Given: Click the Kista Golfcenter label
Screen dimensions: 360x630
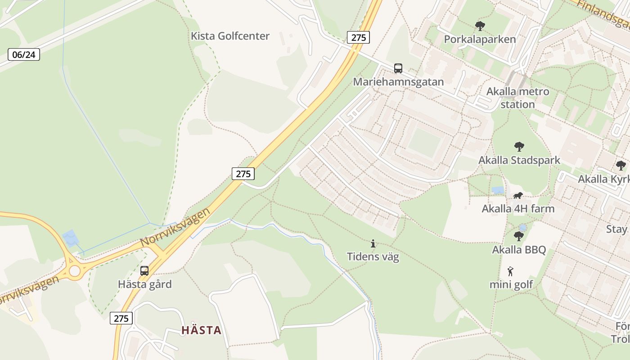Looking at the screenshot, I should pyautogui.click(x=230, y=36).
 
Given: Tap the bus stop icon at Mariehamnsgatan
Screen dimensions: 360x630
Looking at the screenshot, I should pyautogui.click(x=398, y=68).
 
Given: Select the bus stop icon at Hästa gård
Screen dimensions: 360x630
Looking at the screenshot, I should pyautogui.click(x=144, y=271).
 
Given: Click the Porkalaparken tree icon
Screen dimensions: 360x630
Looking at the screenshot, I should pyautogui.click(x=480, y=26).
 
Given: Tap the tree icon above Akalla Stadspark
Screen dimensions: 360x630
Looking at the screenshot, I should pyautogui.click(x=519, y=147).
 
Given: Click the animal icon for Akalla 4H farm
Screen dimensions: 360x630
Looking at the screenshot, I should pyautogui.click(x=518, y=196).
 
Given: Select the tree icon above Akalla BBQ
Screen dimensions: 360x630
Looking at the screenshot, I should pyautogui.click(x=519, y=236).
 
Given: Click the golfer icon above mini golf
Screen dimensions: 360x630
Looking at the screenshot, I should pyautogui.click(x=510, y=271).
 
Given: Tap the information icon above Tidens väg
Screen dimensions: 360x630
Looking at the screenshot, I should pyautogui.click(x=373, y=244).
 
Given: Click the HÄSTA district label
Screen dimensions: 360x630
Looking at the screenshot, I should pyautogui.click(x=202, y=330).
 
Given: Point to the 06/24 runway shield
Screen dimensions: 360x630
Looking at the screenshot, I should pyautogui.click(x=24, y=55).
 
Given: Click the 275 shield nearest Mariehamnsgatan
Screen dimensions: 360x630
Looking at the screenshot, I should pyautogui.click(x=358, y=37).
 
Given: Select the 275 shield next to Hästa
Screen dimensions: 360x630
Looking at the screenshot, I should pyautogui.click(x=121, y=319).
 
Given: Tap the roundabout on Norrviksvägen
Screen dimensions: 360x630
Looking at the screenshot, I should pyautogui.click(x=75, y=271).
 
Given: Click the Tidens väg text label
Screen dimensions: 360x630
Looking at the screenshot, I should pyautogui.click(x=373, y=257).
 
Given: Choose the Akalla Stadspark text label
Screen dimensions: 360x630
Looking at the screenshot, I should pyautogui.click(x=519, y=160).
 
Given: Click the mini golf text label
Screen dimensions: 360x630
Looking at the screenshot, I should pyautogui.click(x=511, y=284).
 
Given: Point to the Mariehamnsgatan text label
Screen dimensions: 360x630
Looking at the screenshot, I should pyautogui.click(x=398, y=82).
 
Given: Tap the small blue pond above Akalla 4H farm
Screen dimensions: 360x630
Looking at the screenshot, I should pyautogui.click(x=498, y=190).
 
